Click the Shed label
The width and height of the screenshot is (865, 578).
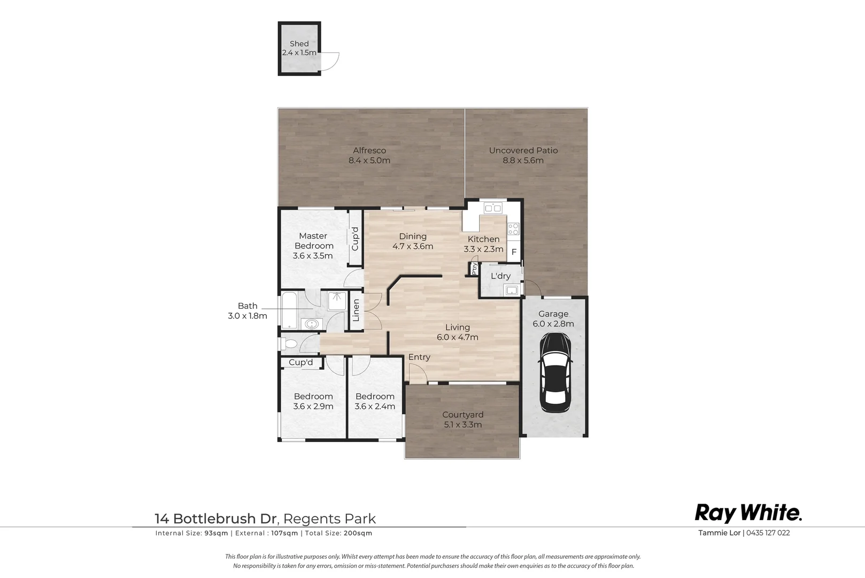(299, 44)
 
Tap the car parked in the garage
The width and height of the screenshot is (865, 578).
(555, 372)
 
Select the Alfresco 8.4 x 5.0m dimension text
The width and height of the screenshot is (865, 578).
(369, 161)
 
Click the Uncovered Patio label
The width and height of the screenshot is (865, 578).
(523, 150)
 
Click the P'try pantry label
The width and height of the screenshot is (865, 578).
(474, 269)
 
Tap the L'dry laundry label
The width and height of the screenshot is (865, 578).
(500, 276)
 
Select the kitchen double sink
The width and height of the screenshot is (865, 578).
(492, 208)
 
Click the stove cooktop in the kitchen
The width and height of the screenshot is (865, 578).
(513, 229)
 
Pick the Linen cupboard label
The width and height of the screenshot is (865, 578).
(356, 310)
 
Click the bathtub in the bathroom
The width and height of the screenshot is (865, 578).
(289, 310)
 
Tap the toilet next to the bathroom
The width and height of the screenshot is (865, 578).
(289, 343)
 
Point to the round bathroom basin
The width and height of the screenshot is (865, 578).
(311, 323)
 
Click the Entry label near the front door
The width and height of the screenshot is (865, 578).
(419, 357)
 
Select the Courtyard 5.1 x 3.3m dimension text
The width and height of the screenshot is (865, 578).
(462, 425)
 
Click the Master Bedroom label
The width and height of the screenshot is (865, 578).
(313, 241)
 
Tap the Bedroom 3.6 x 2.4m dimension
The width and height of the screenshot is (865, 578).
(375, 407)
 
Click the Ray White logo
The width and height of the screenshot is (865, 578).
(748, 513)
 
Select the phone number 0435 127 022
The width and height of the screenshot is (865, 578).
(768, 533)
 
